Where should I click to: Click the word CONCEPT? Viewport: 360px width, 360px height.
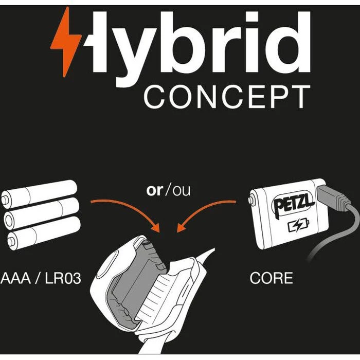(227, 97)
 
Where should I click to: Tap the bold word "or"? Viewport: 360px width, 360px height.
(155, 190)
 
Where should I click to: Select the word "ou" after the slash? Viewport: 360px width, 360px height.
(182, 191)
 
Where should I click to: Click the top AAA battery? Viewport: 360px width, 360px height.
(39, 194)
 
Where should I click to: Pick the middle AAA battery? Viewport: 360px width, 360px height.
(42, 213)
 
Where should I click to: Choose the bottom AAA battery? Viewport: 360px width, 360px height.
(44, 233)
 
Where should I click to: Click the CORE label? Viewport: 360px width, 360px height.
(272, 278)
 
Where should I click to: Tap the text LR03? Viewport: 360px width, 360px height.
(63, 278)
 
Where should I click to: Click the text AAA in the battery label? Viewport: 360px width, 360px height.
(15, 278)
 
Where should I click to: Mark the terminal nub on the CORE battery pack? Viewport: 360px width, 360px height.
(251, 200)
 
